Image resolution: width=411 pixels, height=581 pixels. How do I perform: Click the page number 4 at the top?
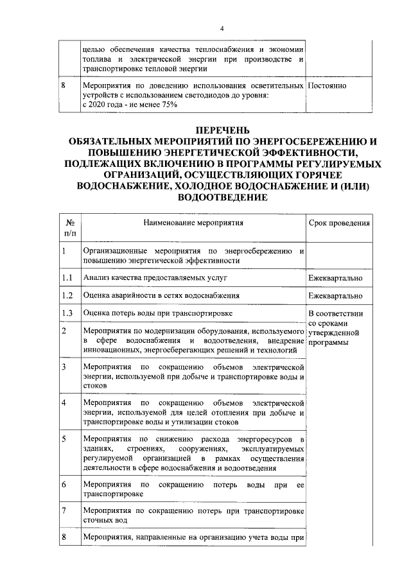[x=222, y=29]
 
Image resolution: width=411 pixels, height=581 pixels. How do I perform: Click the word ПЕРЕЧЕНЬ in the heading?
[x=222, y=134]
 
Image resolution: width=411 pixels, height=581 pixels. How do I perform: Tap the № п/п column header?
[x=69, y=229]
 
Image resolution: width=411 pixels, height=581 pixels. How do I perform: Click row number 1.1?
[x=67, y=278]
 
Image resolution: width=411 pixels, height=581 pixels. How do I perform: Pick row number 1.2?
[x=67, y=295]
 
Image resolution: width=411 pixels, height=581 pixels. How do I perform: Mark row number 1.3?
[x=67, y=313]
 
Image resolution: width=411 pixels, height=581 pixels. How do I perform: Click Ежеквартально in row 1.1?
[x=336, y=278]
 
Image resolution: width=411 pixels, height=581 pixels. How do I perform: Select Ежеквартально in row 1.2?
[x=336, y=295]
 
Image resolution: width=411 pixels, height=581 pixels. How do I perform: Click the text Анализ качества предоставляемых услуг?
[x=155, y=278]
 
